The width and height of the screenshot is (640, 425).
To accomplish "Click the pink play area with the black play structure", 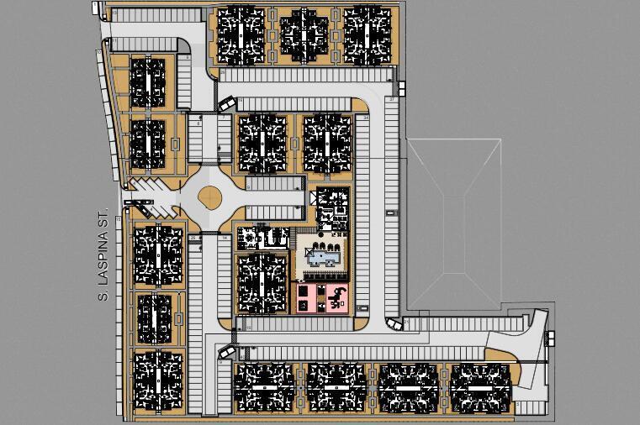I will tap(336, 298).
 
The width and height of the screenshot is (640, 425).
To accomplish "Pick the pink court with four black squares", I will tap(304, 298).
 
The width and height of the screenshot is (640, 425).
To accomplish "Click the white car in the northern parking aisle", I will tap(228, 104).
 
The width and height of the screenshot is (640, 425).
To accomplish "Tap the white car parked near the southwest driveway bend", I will tap(225, 353).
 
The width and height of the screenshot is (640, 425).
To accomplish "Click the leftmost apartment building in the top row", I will tap(242, 36).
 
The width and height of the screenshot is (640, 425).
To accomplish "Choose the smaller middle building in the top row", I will tap(304, 35).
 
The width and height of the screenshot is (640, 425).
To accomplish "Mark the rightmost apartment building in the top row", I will tap(367, 36).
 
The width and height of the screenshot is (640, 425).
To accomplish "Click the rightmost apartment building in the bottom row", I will tap(482, 388).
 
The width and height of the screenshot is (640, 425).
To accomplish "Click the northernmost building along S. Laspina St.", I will tap(148, 81).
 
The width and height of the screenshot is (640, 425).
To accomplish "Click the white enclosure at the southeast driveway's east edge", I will tap(551, 338).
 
